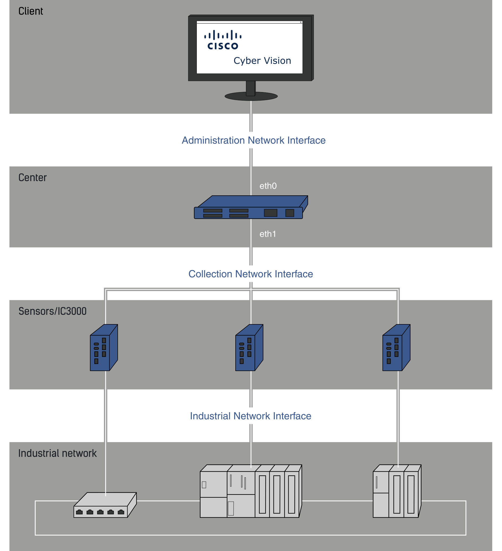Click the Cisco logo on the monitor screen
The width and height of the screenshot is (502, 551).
(223, 40)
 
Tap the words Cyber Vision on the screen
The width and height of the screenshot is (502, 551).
(262, 61)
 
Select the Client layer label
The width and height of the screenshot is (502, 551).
(31, 11)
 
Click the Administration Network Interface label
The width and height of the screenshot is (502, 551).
(254, 140)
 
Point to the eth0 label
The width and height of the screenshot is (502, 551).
(268, 186)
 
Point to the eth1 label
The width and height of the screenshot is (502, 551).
(267, 234)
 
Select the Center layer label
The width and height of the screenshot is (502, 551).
(33, 178)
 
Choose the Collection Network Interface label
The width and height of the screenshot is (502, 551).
(250, 274)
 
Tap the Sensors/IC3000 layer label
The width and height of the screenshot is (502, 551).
(53, 311)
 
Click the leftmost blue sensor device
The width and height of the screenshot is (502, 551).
(104, 348)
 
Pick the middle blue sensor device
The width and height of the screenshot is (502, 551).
(249, 348)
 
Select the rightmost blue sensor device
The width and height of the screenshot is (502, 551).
(396, 348)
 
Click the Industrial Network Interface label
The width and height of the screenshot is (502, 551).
(250, 416)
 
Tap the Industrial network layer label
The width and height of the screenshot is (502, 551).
(57, 453)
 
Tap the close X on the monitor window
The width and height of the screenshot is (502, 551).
(301, 22)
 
